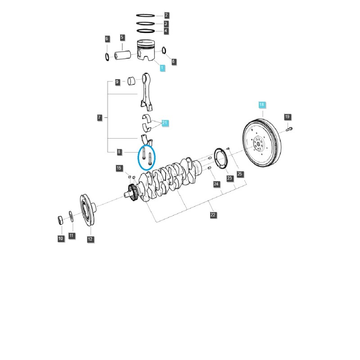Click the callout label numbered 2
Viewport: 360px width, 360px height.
click(x=166, y=15)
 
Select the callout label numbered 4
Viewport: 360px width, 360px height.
click(x=166, y=31)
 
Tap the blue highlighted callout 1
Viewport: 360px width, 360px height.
click(x=162, y=67)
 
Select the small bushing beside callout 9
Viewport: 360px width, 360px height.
click(x=132, y=81)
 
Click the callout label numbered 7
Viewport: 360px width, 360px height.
click(x=99, y=117)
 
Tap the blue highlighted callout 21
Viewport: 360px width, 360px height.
click(x=165, y=122)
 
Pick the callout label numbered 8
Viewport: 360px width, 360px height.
click(x=119, y=152)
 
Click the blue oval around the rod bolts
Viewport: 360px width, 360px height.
click(x=147, y=157)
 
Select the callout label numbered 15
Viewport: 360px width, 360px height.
click(x=119, y=168)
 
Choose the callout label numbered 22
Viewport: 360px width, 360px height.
click(x=213, y=215)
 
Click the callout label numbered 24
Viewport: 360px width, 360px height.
click(x=216, y=184)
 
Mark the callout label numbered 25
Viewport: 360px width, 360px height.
click(x=239, y=174)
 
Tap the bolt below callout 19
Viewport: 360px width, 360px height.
click(x=288, y=130)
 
